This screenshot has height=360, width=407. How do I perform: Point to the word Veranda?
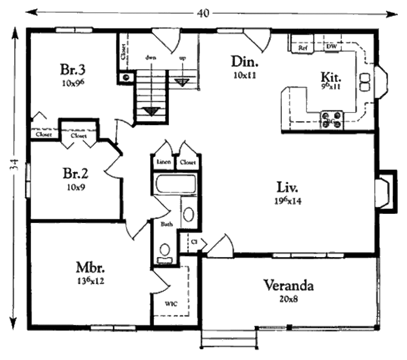click(x=288, y=286)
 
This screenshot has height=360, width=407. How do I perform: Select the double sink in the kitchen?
click(x=365, y=82)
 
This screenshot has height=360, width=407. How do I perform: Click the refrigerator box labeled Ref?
click(x=303, y=47)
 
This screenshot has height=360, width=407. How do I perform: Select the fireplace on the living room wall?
click(x=387, y=188)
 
